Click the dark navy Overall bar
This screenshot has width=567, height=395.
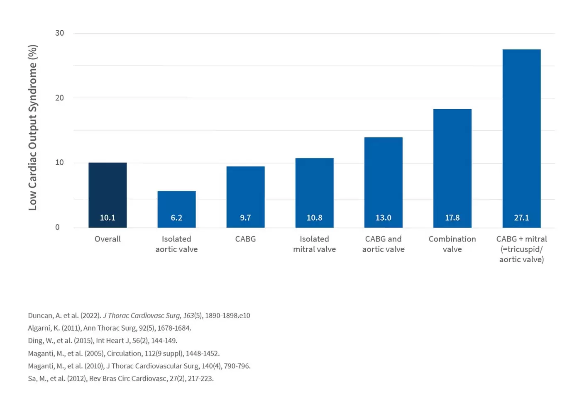[x=108, y=195]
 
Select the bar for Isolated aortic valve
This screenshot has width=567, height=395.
[x=177, y=209]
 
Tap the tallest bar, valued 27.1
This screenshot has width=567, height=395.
[x=522, y=139]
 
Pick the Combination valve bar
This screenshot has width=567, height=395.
[x=452, y=168]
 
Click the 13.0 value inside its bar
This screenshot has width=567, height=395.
[x=384, y=217]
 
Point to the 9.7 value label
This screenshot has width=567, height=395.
[x=246, y=217]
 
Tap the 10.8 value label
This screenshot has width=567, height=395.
[x=315, y=217]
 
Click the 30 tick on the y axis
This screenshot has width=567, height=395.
[x=60, y=33]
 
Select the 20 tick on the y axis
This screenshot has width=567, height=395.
[x=60, y=98]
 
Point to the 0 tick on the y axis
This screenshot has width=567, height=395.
[x=57, y=227]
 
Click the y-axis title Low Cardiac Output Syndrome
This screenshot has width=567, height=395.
[x=33, y=127]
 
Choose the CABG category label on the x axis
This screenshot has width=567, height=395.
[x=246, y=239]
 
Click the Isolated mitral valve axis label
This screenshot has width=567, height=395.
[x=315, y=244]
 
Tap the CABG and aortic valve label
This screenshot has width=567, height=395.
[x=384, y=244]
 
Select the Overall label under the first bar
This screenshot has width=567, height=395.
[x=108, y=239]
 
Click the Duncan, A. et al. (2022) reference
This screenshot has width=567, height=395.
[x=139, y=316]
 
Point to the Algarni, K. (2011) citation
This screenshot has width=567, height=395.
[x=110, y=328]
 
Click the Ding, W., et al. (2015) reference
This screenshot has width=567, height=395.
[x=103, y=341]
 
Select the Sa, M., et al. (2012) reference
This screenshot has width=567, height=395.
[x=121, y=378]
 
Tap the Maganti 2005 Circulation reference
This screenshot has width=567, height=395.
[x=124, y=354]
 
